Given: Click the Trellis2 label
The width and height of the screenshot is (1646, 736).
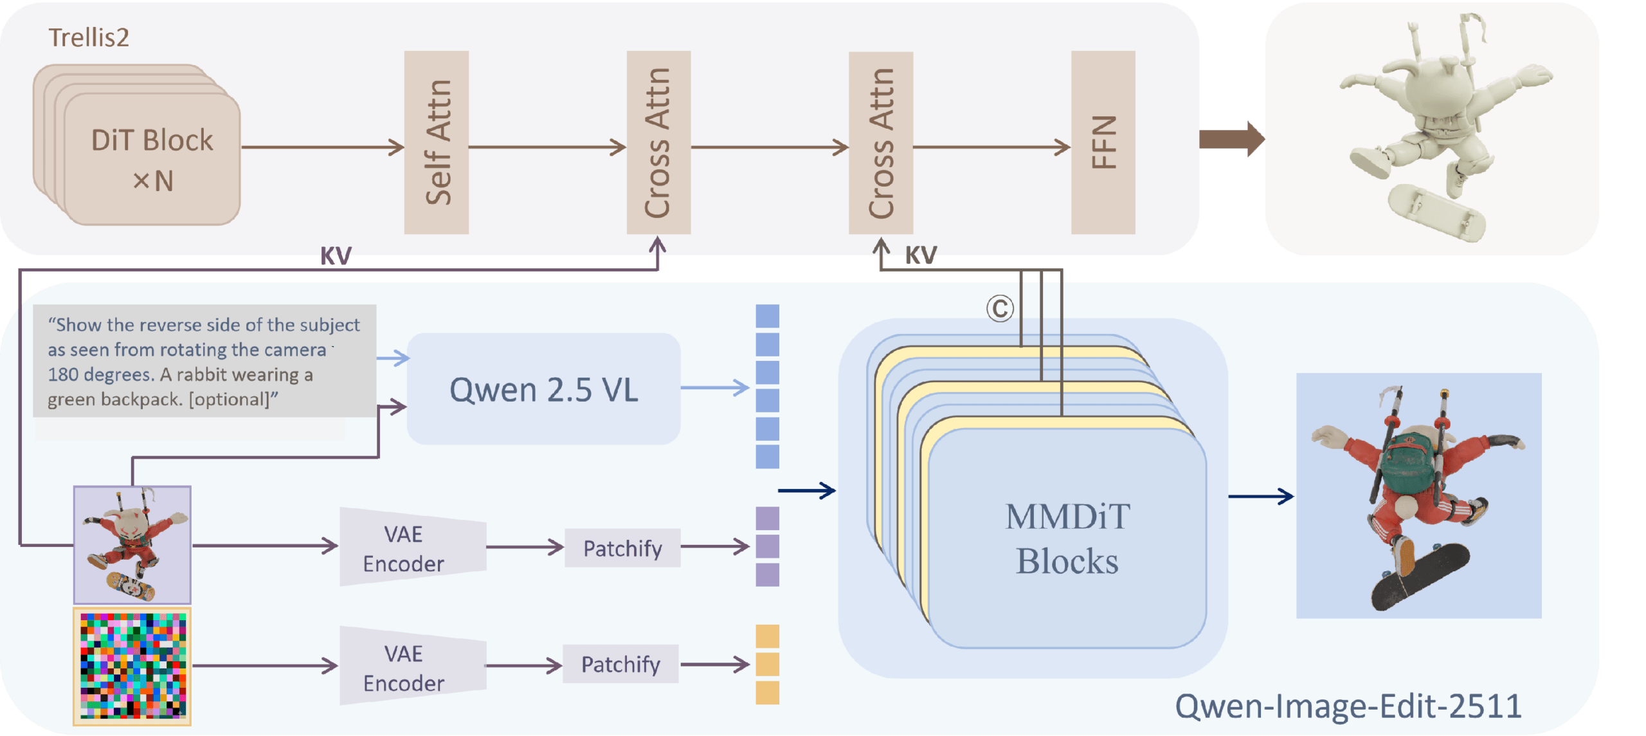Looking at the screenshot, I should coord(89,37).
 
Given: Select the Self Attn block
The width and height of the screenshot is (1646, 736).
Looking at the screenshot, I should coord(436,142).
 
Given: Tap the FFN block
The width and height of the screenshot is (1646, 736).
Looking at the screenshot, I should coord(1103,142).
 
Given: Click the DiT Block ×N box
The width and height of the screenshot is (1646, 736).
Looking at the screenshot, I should coord(152,159).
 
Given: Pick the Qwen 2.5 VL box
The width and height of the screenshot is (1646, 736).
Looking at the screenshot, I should coord(543,389).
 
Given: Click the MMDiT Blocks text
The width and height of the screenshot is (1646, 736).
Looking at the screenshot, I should coord(1067,538).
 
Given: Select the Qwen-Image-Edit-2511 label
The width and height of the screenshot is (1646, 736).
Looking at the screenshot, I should coord(1348,706).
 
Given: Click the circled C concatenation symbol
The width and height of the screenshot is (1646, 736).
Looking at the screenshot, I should coord(1000,309).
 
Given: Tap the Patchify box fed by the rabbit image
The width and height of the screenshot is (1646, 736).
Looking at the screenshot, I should coord(622,547).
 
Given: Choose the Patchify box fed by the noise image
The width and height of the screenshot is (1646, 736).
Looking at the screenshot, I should coord(620,663).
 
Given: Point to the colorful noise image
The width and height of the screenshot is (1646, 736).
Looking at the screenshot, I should coord(132,666).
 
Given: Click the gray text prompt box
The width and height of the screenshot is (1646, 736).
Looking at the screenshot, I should coord(204,361).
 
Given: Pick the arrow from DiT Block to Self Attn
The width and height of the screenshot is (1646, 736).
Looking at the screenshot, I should coord(321,147).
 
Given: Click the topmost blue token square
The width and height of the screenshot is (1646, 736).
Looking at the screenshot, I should coord(767,316).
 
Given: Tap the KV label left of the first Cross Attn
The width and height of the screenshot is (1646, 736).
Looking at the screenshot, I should coord(336,256).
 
